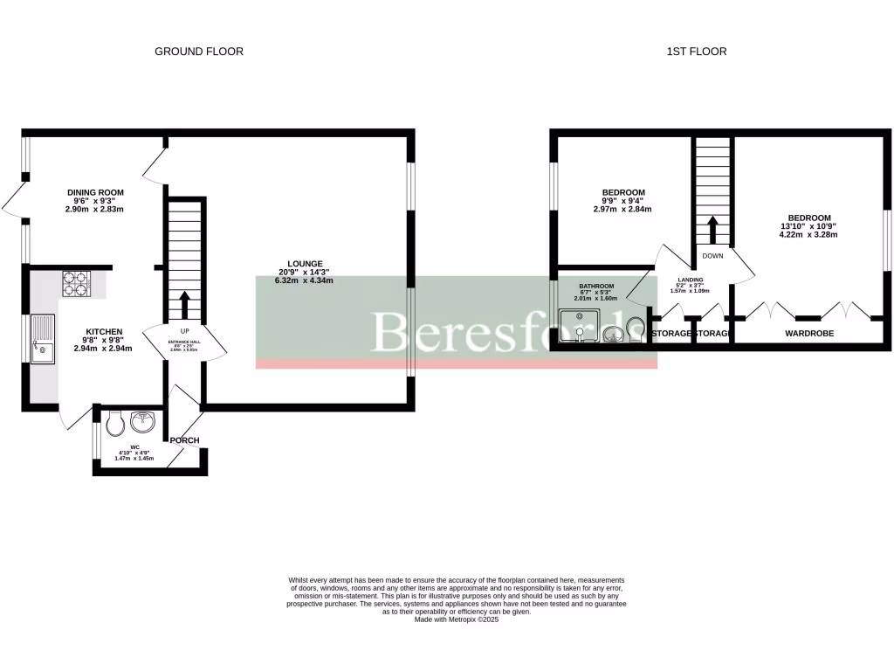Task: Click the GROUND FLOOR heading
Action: point(198,52)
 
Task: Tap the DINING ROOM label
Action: point(95,192)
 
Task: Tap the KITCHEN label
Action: point(102,331)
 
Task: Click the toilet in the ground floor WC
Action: point(114,425)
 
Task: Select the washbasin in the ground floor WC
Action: point(143,422)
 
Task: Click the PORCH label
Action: point(184,440)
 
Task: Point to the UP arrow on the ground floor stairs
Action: point(184,306)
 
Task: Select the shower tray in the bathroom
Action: point(580,324)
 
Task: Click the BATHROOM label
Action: point(596,286)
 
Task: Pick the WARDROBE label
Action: point(809,334)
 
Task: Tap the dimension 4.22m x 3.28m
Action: point(809,234)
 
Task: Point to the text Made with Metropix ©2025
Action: point(456,619)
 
